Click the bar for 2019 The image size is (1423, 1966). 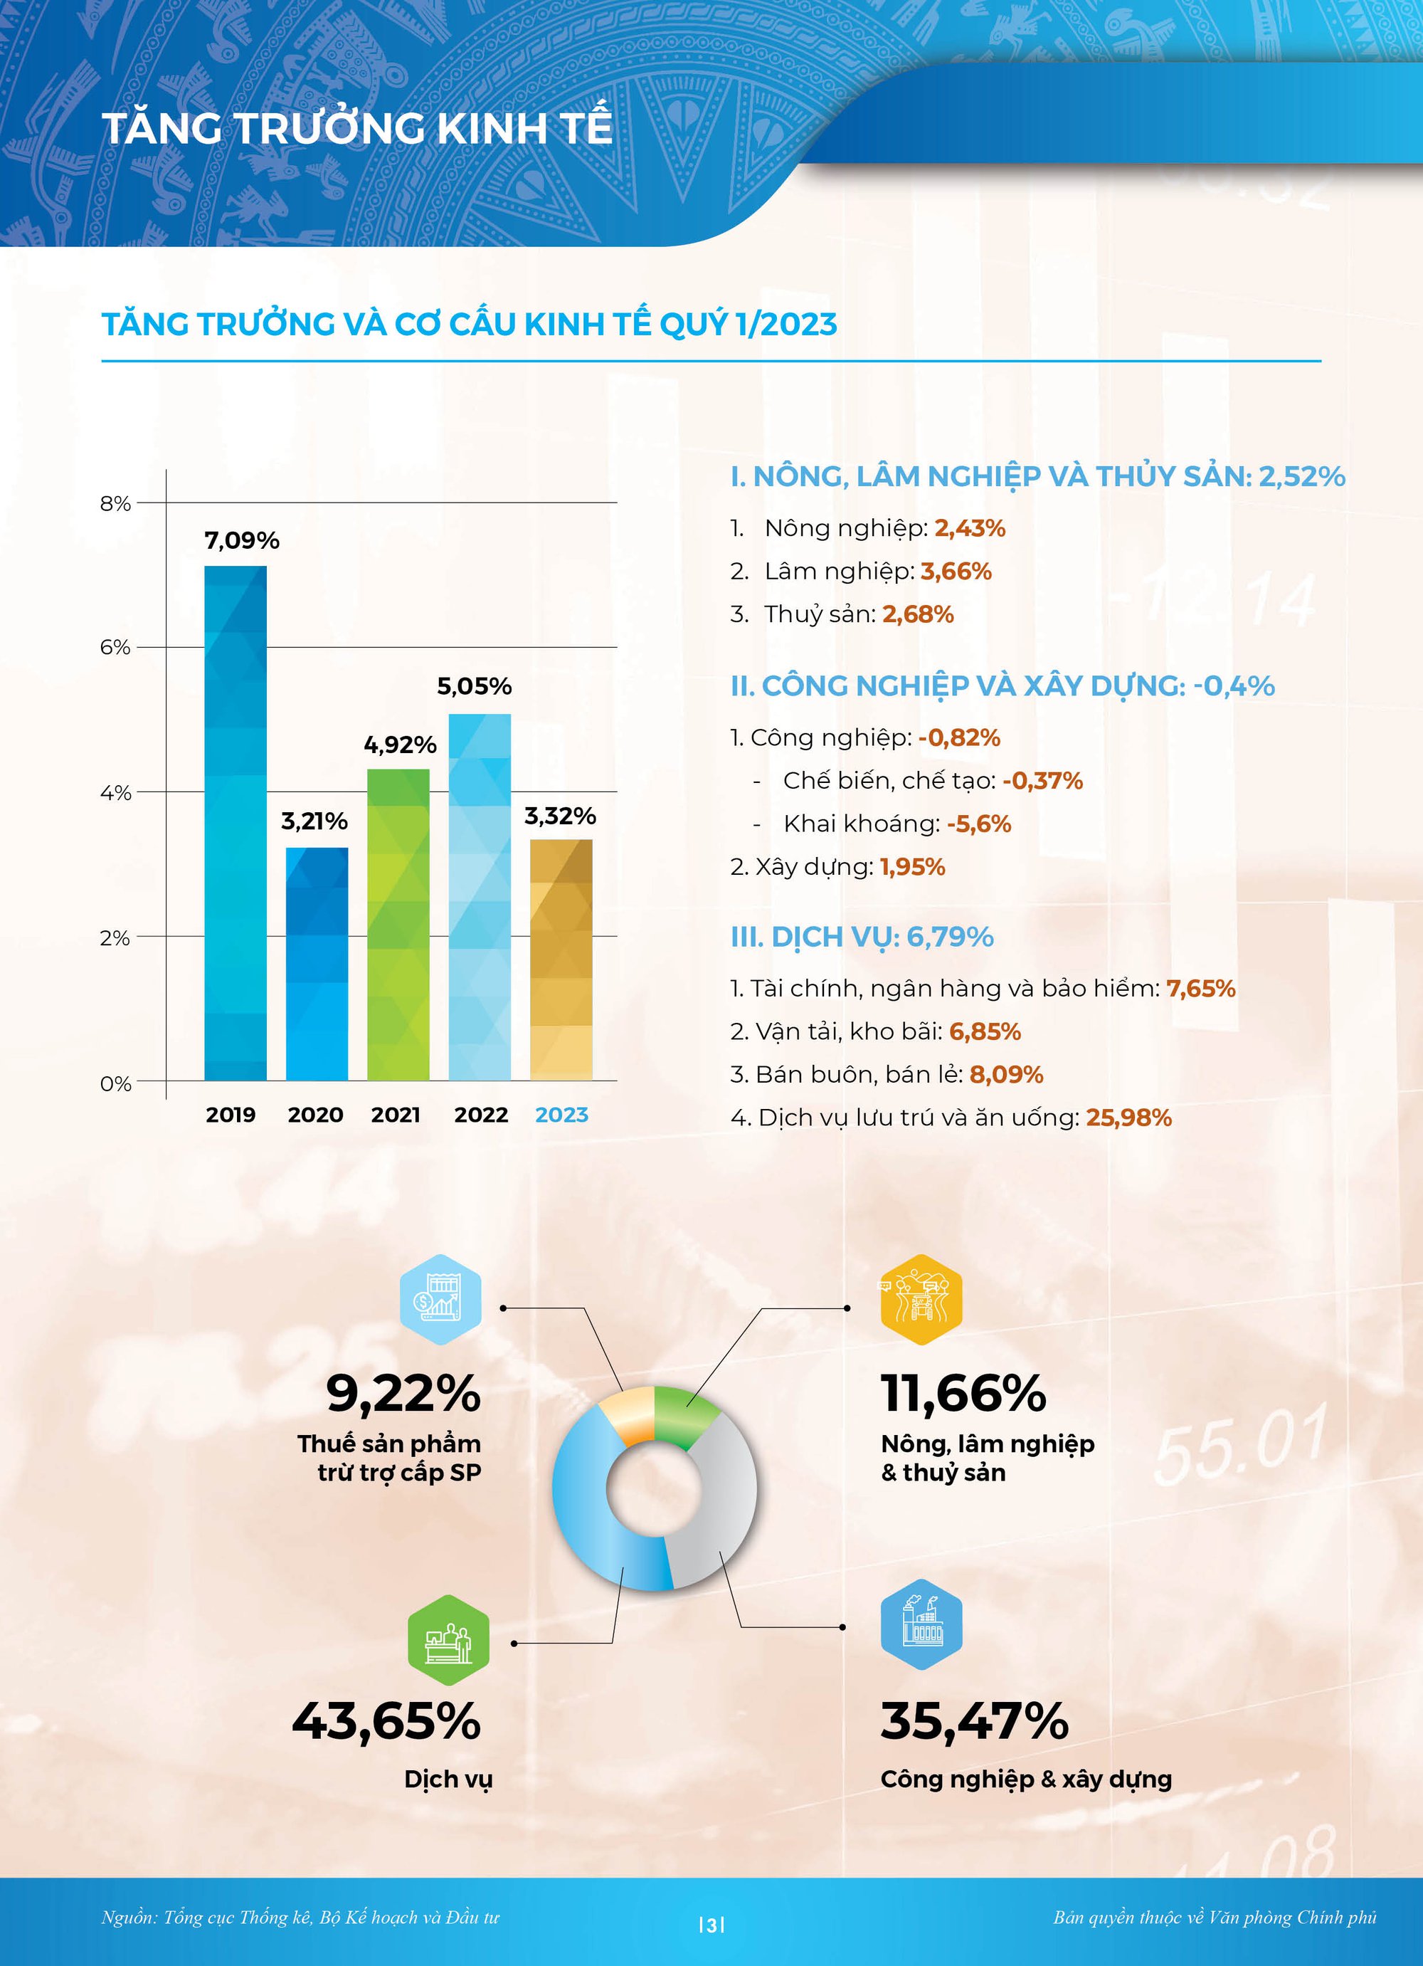[x=235, y=824]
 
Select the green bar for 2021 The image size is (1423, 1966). [x=398, y=924]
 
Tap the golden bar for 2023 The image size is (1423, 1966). [x=561, y=960]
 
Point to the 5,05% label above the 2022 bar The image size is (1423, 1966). [x=474, y=687]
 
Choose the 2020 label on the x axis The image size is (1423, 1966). [x=315, y=1115]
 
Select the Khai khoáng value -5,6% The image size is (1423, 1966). [x=978, y=824]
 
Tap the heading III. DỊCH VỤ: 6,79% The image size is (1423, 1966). [x=862, y=937]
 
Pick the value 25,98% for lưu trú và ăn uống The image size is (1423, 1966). [x=1128, y=1118]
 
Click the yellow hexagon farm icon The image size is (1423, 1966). [x=921, y=1300]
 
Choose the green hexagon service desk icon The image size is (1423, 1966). [x=448, y=1640]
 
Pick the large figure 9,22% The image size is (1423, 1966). [x=403, y=1394]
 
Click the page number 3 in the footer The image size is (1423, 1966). [x=711, y=1926]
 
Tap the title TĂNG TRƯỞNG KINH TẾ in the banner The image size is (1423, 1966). [x=357, y=128]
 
